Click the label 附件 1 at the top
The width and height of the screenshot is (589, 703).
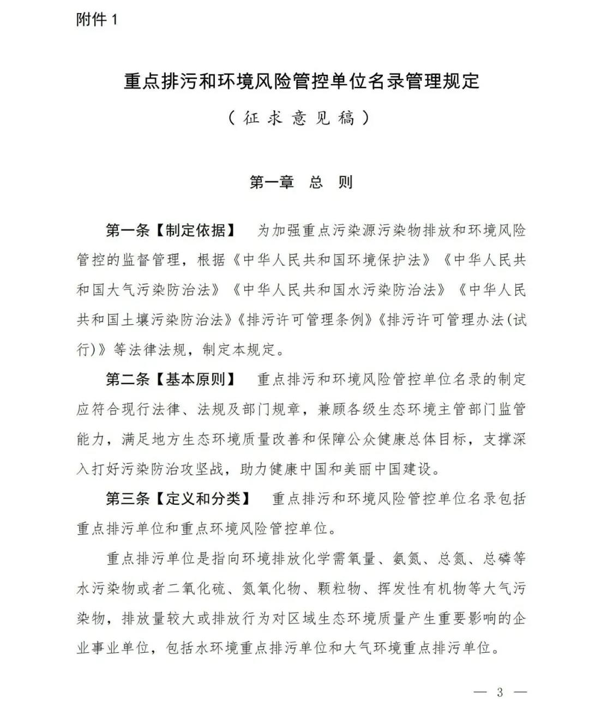coord(97,20)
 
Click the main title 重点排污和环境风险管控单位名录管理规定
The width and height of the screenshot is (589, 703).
coord(301,81)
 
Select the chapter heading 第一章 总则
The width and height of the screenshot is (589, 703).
coord(301,182)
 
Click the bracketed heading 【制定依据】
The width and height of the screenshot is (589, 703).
coord(195,230)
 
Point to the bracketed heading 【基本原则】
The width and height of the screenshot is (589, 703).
coord(195,379)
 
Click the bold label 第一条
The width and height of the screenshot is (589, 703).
coord(127,230)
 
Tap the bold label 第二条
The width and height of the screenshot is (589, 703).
coord(127,379)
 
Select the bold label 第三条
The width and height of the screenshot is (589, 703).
coord(127,498)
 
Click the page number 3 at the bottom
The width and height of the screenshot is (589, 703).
coord(500,692)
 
